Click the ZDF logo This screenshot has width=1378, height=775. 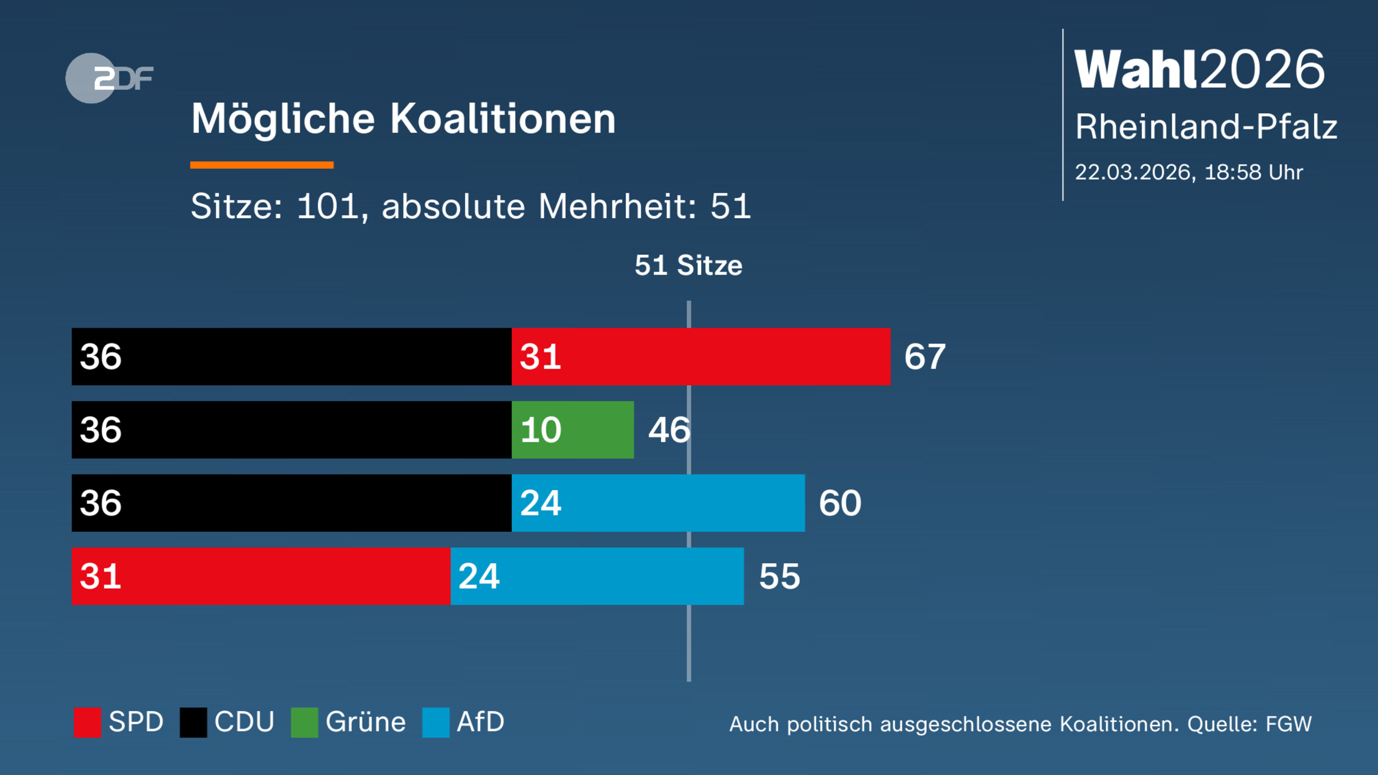pos(109,78)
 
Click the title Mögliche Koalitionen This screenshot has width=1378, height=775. pos(403,119)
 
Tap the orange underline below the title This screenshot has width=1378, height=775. pos(262,165)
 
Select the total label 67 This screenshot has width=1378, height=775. pos(924,356)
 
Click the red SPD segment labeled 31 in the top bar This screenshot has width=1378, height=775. pos(700,356)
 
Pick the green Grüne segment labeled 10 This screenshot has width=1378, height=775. pos(572,429)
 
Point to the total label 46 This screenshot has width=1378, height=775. pos(669,429)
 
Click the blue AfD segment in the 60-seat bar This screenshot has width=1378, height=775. pos(658,503)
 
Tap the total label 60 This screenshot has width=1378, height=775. pos(840,503)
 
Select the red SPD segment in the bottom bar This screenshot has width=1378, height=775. pos(261,576)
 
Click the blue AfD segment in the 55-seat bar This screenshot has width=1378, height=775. pos(597,576)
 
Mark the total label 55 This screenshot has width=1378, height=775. pos(779,576)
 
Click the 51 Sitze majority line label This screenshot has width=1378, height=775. pos(688,265)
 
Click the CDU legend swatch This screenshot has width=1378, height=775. pos(193,722)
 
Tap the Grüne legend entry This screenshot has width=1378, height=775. pos(349,722)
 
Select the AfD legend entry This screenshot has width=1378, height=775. pos(463,722)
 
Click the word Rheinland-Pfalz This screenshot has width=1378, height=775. pos(1206,126)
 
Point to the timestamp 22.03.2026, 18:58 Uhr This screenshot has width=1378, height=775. pos(1189,172)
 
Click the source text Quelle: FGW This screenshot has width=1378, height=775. pos(1249,724)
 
